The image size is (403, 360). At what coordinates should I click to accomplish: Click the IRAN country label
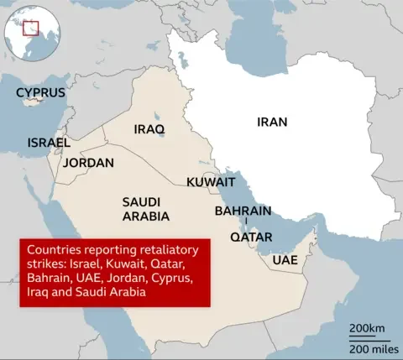[x=272, y=122]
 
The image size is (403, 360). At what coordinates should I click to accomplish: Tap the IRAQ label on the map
[x=149, y=129]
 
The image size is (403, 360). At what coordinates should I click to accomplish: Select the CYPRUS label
[x=41, y=91]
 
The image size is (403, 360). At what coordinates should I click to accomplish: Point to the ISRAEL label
[x=48, y=143]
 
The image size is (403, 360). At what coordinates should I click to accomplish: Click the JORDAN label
[x=88, y=163]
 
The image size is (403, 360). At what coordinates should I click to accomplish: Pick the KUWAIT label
[x=211, y=181]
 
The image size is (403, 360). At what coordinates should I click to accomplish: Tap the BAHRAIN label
[x=243, y=211]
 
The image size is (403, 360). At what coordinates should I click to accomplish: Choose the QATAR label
[x=251, y=237]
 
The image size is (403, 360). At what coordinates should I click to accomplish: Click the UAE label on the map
[x=285, y=260]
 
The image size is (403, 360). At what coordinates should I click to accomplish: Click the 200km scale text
[x=367, y=327]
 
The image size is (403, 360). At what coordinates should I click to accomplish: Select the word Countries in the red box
[x=56, y=250]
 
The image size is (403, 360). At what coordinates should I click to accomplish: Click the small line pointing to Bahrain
[x=245, y=221]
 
